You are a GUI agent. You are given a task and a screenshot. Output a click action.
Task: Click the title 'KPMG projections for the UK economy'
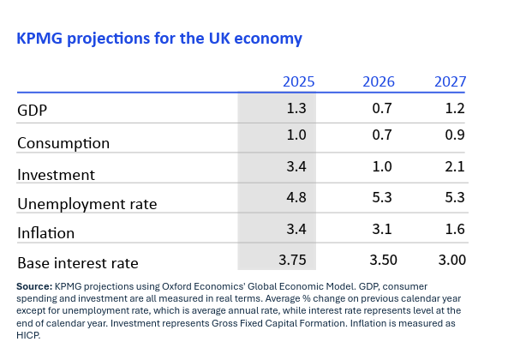coord(159,39)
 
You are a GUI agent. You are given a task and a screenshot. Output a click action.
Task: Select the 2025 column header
coord(299,82)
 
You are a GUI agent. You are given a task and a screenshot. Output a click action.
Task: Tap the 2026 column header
coord(379,82)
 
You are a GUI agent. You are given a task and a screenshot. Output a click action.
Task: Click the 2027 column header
coord(450,82)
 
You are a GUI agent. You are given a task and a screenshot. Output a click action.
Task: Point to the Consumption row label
coord(63,143)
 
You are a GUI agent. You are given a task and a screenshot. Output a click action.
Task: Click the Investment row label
coord(57,175)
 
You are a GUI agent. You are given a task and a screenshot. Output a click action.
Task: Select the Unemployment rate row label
coord(87,204)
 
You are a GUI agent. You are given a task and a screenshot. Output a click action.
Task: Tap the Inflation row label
coord(46,233)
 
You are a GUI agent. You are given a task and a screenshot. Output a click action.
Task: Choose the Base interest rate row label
coord(78,263)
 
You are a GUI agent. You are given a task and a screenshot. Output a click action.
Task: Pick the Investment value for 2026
coord(383,165)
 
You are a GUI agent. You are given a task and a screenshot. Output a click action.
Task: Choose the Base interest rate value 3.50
coord(379,259)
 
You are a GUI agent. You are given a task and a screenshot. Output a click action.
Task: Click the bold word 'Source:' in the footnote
coord(34,285)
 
